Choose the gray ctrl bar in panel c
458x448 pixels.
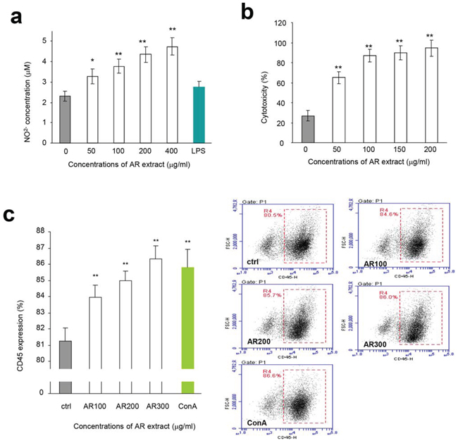tap(67, 352)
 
